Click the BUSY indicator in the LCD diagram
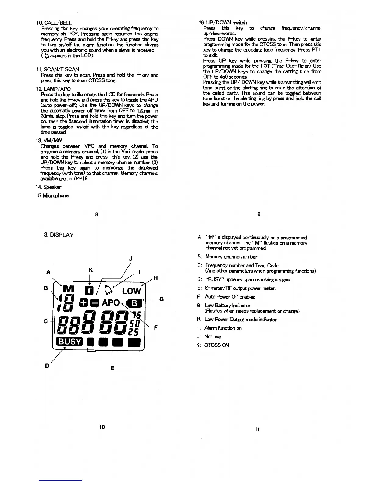69,342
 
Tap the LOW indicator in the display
131,291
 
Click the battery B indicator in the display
134,303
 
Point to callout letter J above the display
130,259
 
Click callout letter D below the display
48,365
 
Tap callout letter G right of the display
162,299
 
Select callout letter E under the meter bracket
112,368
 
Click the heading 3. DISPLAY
59,235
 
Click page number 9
259,214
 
